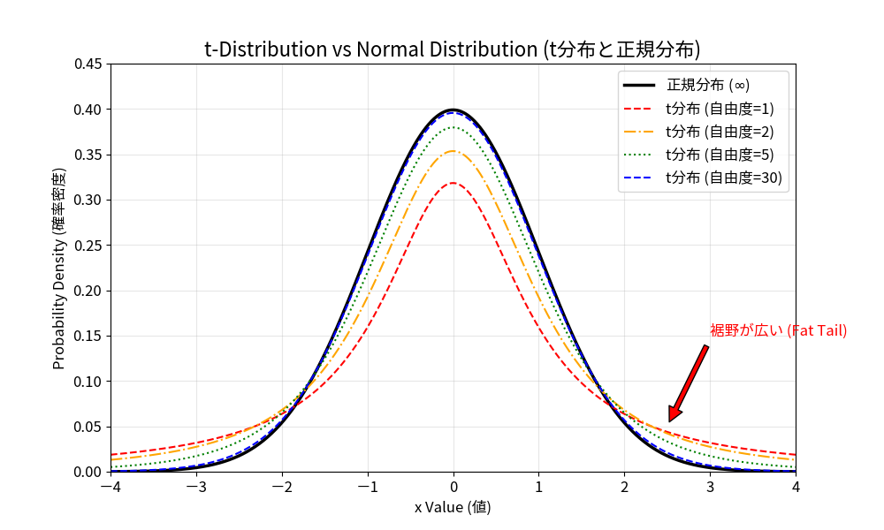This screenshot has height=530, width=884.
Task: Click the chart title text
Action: (x=453, y=49)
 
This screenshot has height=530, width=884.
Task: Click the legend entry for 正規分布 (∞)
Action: (x=708, y=86)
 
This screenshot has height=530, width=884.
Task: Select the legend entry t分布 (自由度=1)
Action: (x=720, y=109)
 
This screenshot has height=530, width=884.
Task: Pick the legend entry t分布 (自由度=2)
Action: (x=720, y=132)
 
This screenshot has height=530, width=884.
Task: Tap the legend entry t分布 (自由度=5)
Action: (x=720, y=155)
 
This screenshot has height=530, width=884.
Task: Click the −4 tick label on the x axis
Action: (x=110, y=487)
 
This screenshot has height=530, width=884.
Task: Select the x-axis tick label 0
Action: (x=453, y=487)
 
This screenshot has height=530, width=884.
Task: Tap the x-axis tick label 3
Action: (x=710, y=487)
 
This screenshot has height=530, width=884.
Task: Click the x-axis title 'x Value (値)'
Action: (x=453, y=507)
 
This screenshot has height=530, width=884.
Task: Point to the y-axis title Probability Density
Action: (x=59, y=268)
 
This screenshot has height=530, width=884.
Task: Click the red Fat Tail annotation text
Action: (x=778, y=330)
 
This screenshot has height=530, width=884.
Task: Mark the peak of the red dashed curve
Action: (x=453, y=183)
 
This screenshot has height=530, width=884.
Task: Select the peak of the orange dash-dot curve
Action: (x=453, y=151)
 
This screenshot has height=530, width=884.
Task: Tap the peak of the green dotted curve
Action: (x=453, y=127)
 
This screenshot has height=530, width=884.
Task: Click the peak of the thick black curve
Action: (x=453, y=110)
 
